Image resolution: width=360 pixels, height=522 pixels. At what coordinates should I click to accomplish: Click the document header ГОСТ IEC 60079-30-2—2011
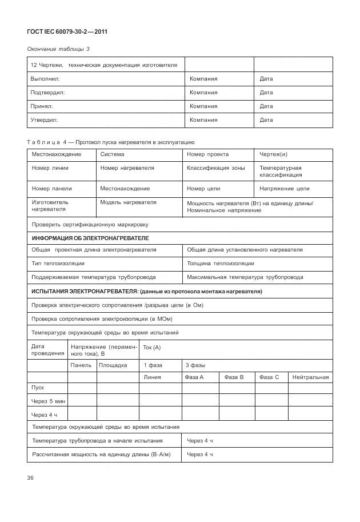tap(67, 31)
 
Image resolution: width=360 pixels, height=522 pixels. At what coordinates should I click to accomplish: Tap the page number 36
tap(30, 478)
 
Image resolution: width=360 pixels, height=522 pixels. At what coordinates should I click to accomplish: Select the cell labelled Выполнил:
tap(45, 78)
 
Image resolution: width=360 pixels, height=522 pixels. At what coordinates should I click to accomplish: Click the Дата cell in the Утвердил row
tap(266, 120)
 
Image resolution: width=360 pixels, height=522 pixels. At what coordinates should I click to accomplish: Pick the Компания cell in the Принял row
tap(203, 106)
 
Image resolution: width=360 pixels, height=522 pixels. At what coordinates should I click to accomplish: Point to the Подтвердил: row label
tap(47, 92)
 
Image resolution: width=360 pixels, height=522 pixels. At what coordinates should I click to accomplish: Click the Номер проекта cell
tap(207, 154)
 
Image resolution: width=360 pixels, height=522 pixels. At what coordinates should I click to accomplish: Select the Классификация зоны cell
tap(215, 168)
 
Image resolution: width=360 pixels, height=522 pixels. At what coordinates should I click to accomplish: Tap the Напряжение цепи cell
tap(284, 189)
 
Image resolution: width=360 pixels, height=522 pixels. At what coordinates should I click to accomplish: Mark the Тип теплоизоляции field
tap(58, 264)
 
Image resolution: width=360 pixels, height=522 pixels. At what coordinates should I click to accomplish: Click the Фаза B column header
tap(234, 377)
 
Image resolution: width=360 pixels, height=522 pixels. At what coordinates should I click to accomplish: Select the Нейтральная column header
tap(310, 377)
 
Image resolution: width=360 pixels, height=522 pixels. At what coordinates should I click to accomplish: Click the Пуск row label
tap(38, 388)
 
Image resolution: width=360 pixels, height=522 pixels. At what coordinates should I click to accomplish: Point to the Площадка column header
tap(113, 365)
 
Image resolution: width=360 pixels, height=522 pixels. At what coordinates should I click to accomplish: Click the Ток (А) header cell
tap(152, 348)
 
